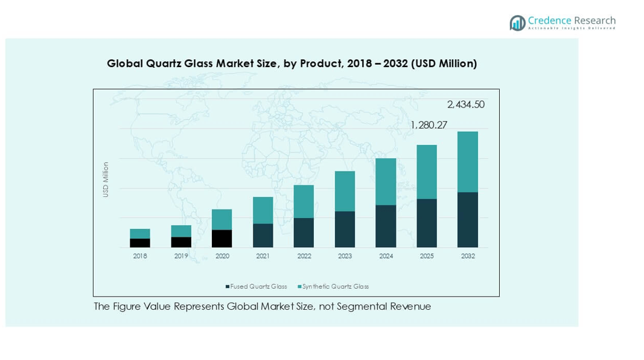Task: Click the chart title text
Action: coord(292,63)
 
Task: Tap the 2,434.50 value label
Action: coord(465,104)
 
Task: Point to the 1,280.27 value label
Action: coord(429,125)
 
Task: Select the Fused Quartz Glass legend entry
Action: coord(257,286)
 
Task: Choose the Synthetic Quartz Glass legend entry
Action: coord(333,286)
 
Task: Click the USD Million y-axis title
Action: coord(106,179)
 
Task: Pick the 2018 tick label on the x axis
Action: coord(140,256)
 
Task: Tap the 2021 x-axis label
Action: coord(263,256)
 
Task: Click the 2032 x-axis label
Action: coord(468,256)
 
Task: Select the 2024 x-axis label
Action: coord(386,256)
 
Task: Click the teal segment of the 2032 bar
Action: coord(468,162)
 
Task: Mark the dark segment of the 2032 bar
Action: coord(468,220)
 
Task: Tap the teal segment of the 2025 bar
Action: coord(427,172)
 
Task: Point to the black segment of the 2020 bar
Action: coord(222,239)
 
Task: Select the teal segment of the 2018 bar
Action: coord(140,234)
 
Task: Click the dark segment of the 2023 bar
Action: coord(345,230)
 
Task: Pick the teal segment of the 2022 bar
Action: coord(304,202)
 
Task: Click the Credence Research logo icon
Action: coord(517,23)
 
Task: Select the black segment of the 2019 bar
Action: coord(181,242)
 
